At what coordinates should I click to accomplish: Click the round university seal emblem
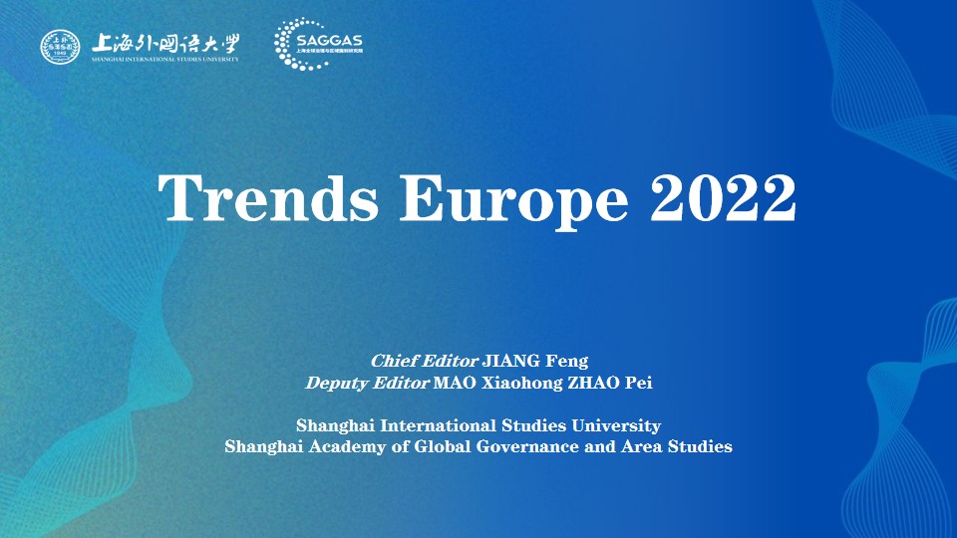[x=60, y=47]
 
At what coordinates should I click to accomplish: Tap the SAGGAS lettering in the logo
[x=329, y=40]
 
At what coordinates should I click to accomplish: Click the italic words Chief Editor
[x=425, y=360]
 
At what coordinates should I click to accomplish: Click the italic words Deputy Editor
[x=367, y=382]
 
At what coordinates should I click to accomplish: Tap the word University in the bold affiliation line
[x=615, y=425]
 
